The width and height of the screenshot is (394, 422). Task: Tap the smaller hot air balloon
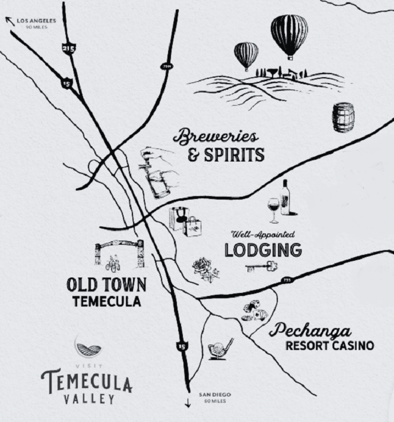(246, 54)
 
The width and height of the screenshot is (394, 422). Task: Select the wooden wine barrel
(343, 117)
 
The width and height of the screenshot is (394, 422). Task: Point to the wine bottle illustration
(285, 198)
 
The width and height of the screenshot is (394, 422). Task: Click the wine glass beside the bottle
(273, 208)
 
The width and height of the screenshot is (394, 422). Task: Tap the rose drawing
(205, 269)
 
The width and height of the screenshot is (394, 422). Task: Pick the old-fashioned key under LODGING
(261, 266)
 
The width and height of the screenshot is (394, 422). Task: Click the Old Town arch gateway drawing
(119, 253)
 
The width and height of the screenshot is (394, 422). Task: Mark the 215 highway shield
(69, 48)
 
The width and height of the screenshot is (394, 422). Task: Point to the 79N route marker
(166, 66)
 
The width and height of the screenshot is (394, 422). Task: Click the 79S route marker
(286, 280)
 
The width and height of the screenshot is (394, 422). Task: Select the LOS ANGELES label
(36, 21)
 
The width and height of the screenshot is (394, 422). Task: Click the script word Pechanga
(310, 330)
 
